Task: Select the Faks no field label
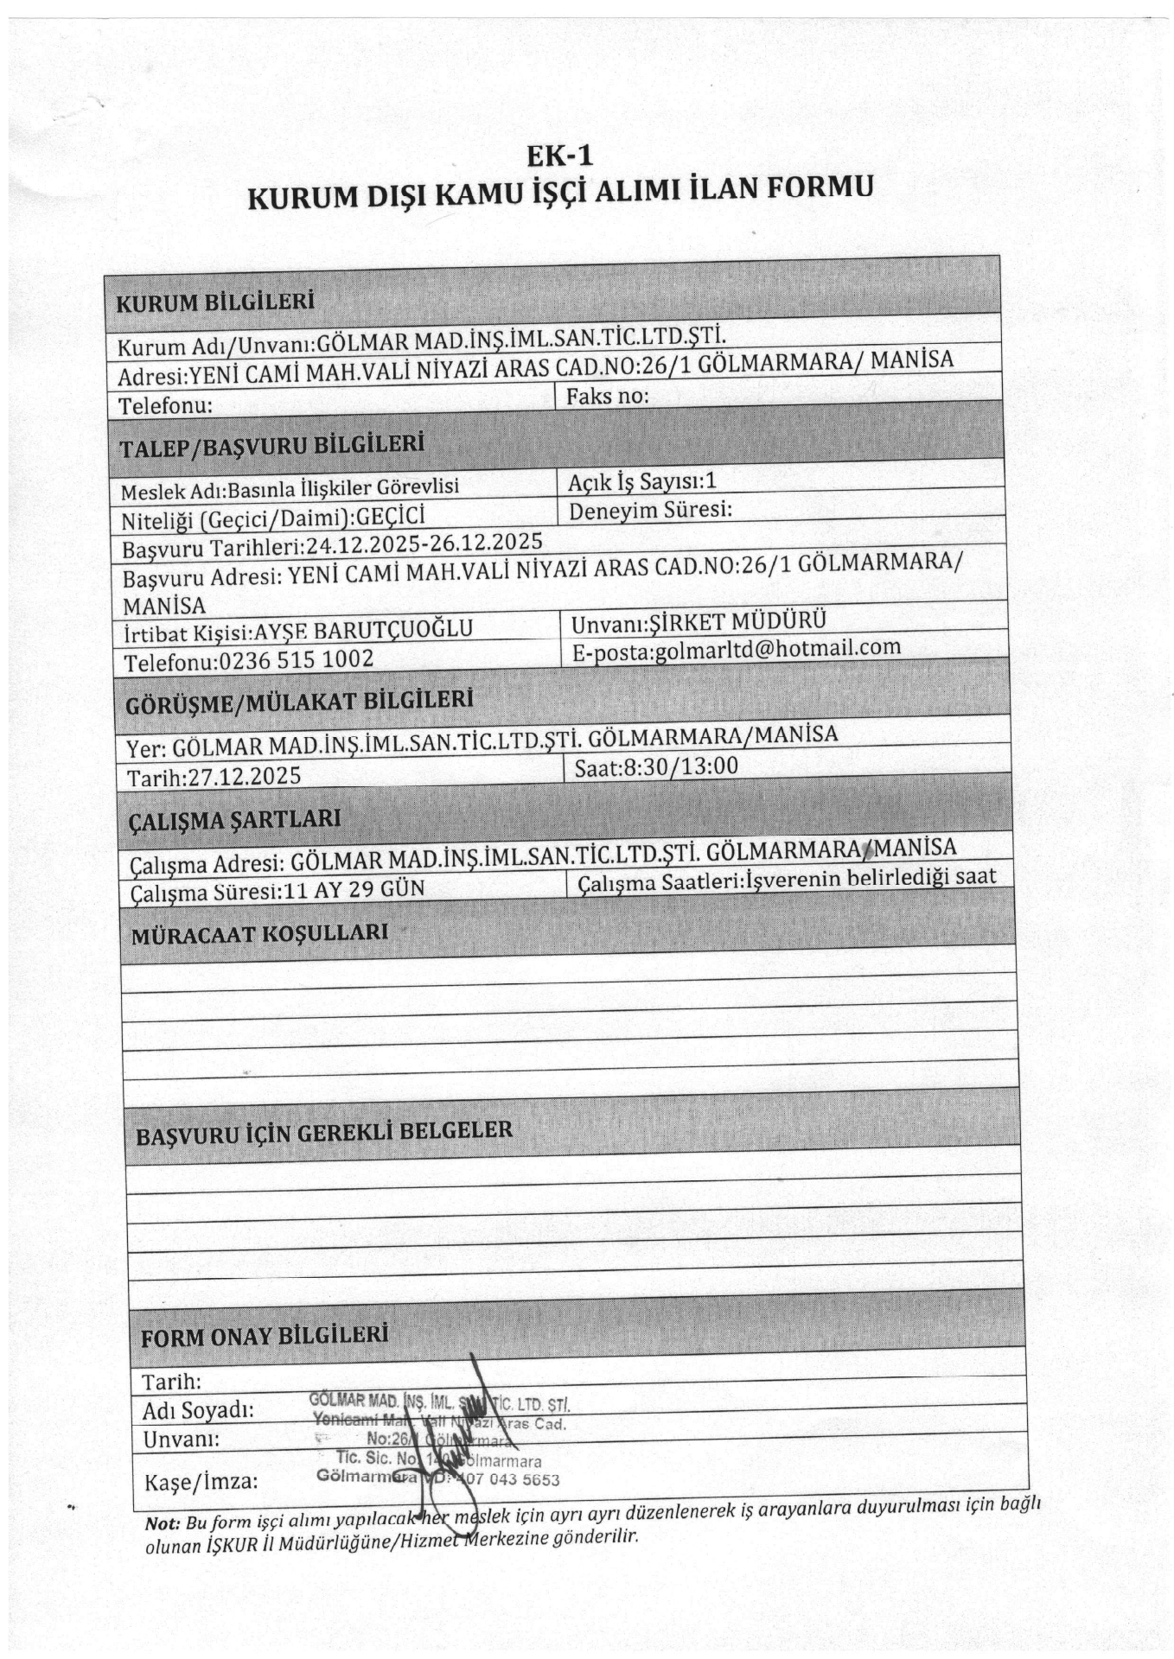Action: pyautogui.click(x=607, y=397)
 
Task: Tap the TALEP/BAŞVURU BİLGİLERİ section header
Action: pyautogui.click(x=272, y=446)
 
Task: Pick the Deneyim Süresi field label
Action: pyautogui.click(x=650, y=510)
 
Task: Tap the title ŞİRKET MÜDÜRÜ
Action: pyautogui.click(x=737, y=620)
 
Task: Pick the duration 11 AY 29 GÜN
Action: pyautogui.click(x=354, y=889)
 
